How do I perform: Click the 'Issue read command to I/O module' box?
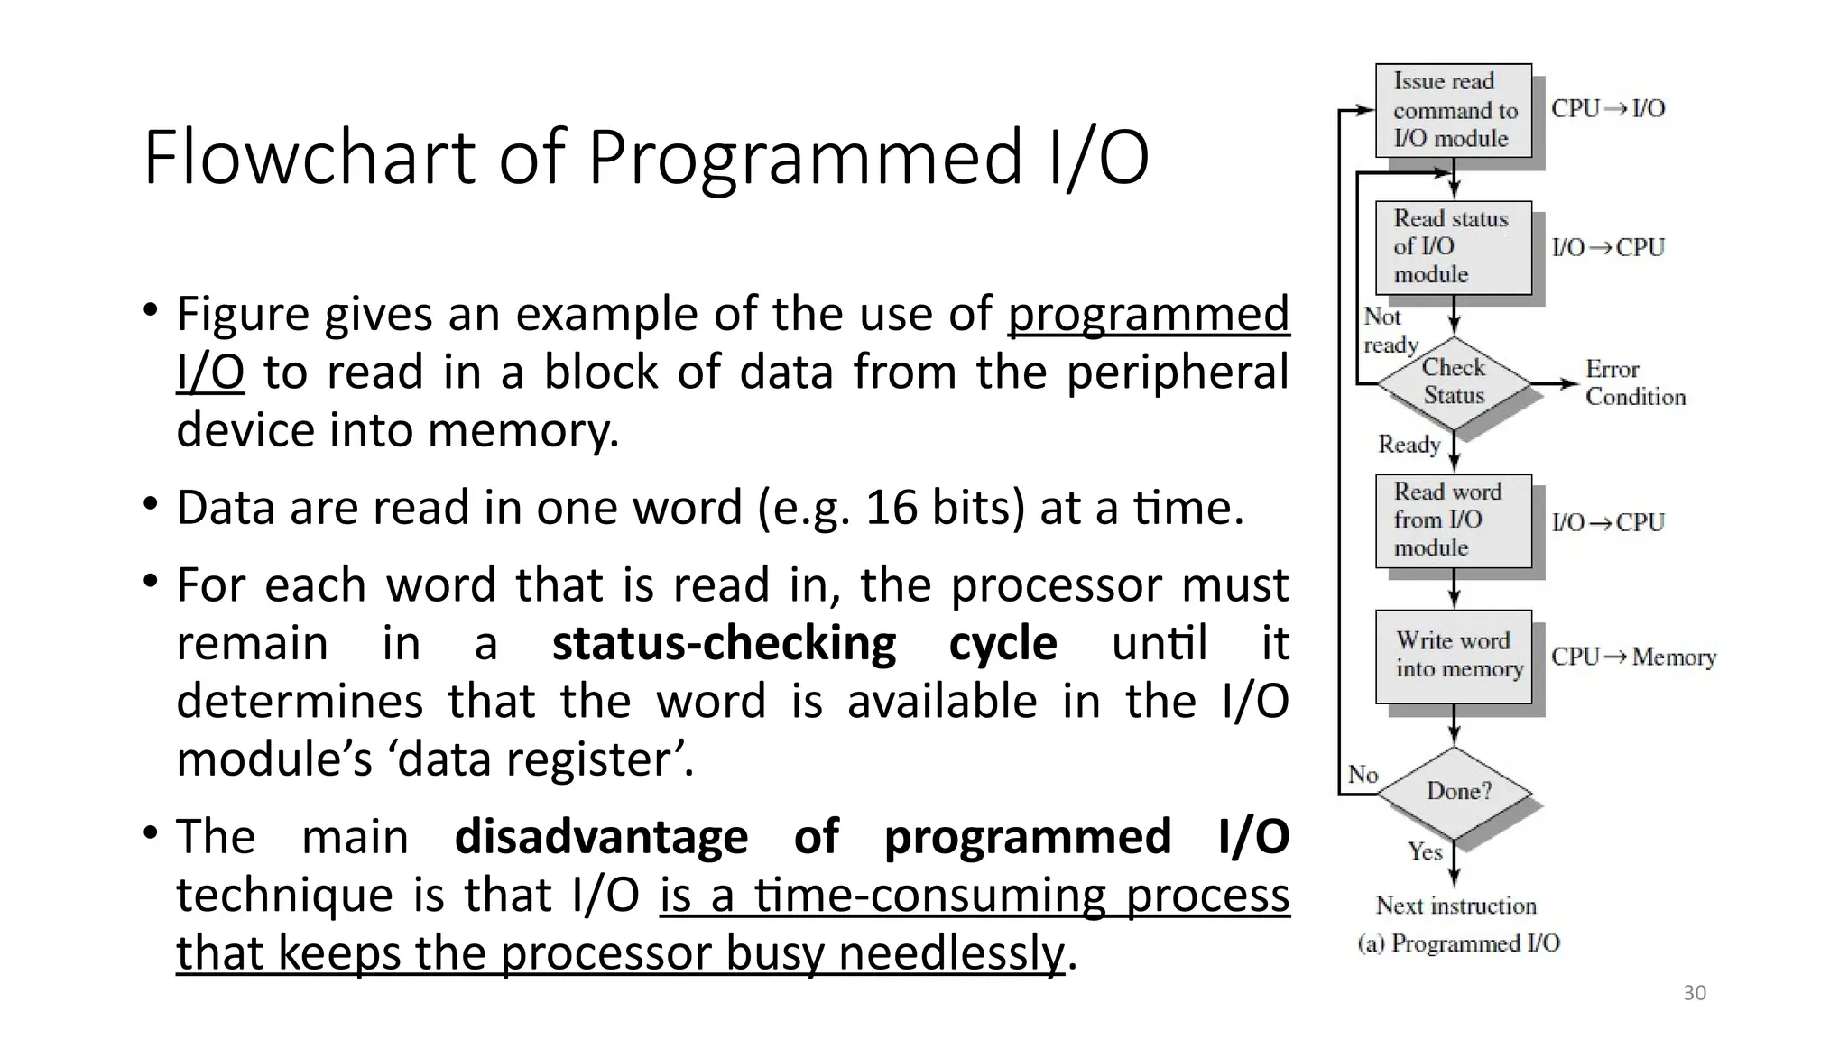tap(1453, 110)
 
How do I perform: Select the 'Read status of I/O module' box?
tap(1453, 247)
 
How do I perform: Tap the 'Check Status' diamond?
tap(1454, 382)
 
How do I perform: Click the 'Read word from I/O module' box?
tap(1453, 520)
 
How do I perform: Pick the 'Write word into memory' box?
tap(1453, 656)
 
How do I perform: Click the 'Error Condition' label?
tap(1634, 383)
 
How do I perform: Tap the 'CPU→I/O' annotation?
tap(1608, 109)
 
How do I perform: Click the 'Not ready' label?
tap(1390, 331)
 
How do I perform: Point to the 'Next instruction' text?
tap(1455, 906)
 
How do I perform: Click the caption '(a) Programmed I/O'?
tap(1458, 943)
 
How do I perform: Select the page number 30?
tap(1695, 993)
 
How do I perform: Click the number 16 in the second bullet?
tap(891, 508)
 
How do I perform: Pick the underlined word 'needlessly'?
tap(951, 953)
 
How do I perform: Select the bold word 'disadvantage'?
tap(601, 837)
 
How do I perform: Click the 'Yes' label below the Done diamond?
tap(1425, 851)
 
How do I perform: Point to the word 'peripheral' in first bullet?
tap(1178, 372)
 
